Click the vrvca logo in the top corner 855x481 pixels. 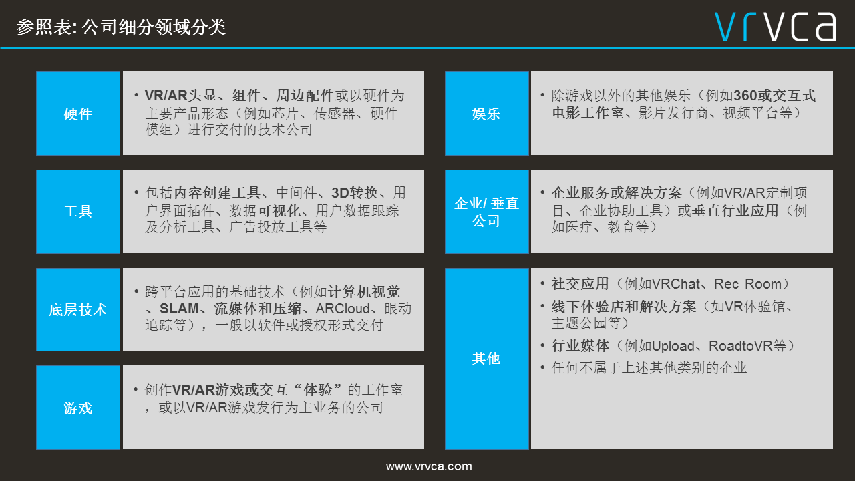pyautogui.click(x=776, y=27)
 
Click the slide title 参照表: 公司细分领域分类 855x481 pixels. pyautogui.click(x=121, y=27)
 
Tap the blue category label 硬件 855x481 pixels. pyautogui.click(x=78, y=114)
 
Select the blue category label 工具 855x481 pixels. pyautogui.click(x=78, y=212)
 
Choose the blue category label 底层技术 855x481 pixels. pyautogui.click(x=78, y=309)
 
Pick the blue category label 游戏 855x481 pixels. pyautogui.click(x=78, y=408)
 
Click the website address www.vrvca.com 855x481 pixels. pyautogui.click(x=429, y=466)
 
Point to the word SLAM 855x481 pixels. pyautogui.click(x=179, y=309)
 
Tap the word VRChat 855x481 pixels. pyautogui.click(x=676, y=284)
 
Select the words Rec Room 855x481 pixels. pyautogui.click(x=747, y=284)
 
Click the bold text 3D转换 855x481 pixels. pyautogui.click(x=355, y=193)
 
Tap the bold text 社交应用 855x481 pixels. pyautogui.click(x=580, y=284)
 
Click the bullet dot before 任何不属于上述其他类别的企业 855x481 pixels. pyautogui.click(x=542, y=367)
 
